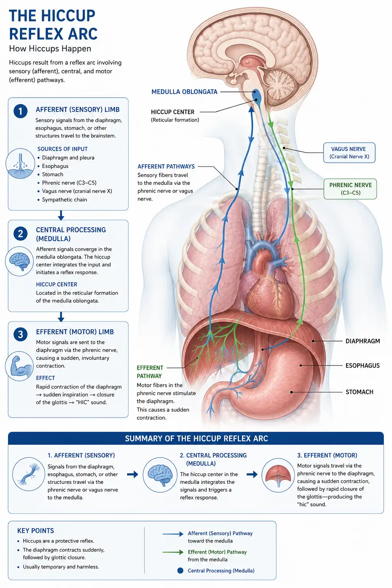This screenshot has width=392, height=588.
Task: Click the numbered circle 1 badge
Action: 20,111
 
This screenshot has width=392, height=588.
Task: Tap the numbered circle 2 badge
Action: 20,234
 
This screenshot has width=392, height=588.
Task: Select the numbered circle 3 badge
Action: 20,335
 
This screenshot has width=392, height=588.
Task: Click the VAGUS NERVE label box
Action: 349,153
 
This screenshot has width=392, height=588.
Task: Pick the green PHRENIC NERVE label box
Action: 350,189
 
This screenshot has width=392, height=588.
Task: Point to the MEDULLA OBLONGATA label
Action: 184,92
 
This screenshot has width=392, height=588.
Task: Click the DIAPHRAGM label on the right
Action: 363,341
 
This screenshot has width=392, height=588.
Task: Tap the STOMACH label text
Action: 359,392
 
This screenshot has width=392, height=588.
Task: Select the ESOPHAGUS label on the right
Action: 362,366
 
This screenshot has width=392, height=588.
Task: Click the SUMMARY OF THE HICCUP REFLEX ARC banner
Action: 196,439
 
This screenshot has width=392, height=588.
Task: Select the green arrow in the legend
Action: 173,552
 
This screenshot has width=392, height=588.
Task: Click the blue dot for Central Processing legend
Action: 180,570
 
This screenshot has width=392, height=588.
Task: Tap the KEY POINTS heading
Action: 36,531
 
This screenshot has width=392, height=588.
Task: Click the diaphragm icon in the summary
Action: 278,475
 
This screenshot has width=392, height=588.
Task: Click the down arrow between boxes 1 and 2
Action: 61,215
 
